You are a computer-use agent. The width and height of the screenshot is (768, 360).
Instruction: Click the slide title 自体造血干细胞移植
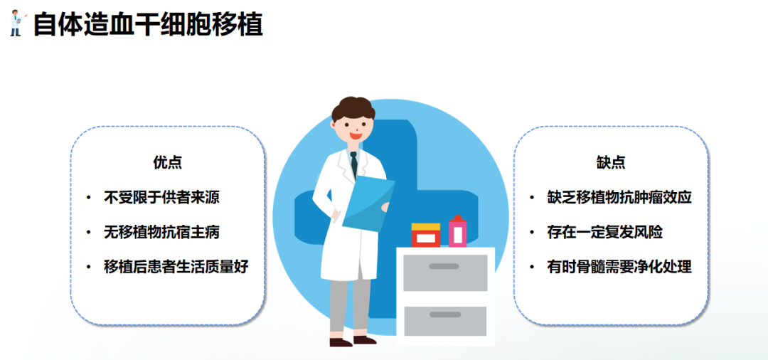149,24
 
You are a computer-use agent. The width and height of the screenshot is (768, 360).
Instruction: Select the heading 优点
168,162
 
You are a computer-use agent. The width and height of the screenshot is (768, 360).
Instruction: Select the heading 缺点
611,162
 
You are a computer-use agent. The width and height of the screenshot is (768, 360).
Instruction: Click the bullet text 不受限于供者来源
167,197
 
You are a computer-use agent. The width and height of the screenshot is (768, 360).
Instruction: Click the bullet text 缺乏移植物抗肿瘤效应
619,197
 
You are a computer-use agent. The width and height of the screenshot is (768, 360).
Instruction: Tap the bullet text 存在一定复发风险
605,232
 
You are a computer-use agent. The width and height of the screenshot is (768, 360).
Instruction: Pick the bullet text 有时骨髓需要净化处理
619,267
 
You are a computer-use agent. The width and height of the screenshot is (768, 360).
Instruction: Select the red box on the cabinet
426,235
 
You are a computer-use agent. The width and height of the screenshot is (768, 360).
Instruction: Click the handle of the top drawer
444,266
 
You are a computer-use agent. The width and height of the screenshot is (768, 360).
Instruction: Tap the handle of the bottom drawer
444,314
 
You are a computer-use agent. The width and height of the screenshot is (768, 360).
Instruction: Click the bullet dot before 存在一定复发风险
532,233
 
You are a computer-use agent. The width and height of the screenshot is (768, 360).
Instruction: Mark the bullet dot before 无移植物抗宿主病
88,233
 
